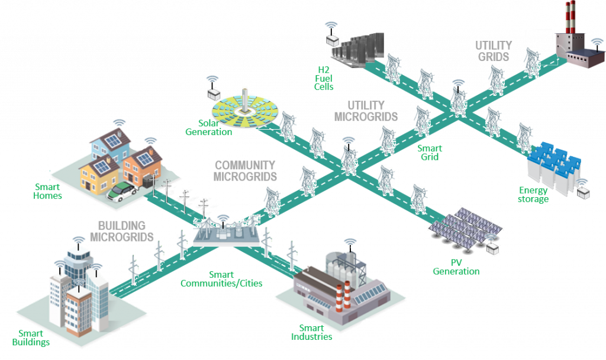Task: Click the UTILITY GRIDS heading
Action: (494, 52)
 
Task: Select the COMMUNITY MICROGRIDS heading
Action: (246, 171)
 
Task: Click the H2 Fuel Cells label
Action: (324, 78)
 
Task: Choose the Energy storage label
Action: (533, 195)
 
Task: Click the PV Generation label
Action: (456, 266)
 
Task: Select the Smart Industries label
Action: (311, 332)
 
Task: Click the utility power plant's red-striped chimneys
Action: (569, 17)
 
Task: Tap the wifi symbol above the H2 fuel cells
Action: (331, 25)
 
